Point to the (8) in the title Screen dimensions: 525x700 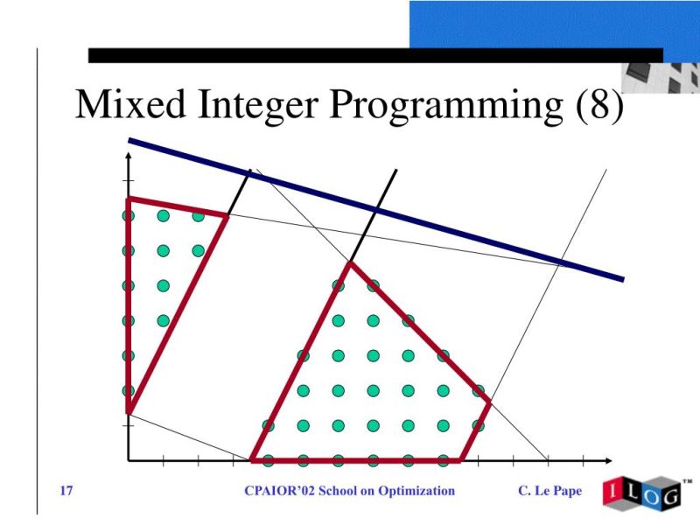tap(600, 106)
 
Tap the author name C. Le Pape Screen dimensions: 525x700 tap(549, 491)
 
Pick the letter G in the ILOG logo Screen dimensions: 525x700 tap(668, 497)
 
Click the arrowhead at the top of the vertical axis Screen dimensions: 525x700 tap(128, 158)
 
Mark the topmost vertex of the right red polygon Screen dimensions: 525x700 tap(350, 262)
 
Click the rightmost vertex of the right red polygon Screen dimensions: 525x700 tap(489, 402)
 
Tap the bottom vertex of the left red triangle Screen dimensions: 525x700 tap(128, 412)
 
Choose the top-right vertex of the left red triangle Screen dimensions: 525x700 tap(227, 214)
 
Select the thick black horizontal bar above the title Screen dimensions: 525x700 tap(376, 55)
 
